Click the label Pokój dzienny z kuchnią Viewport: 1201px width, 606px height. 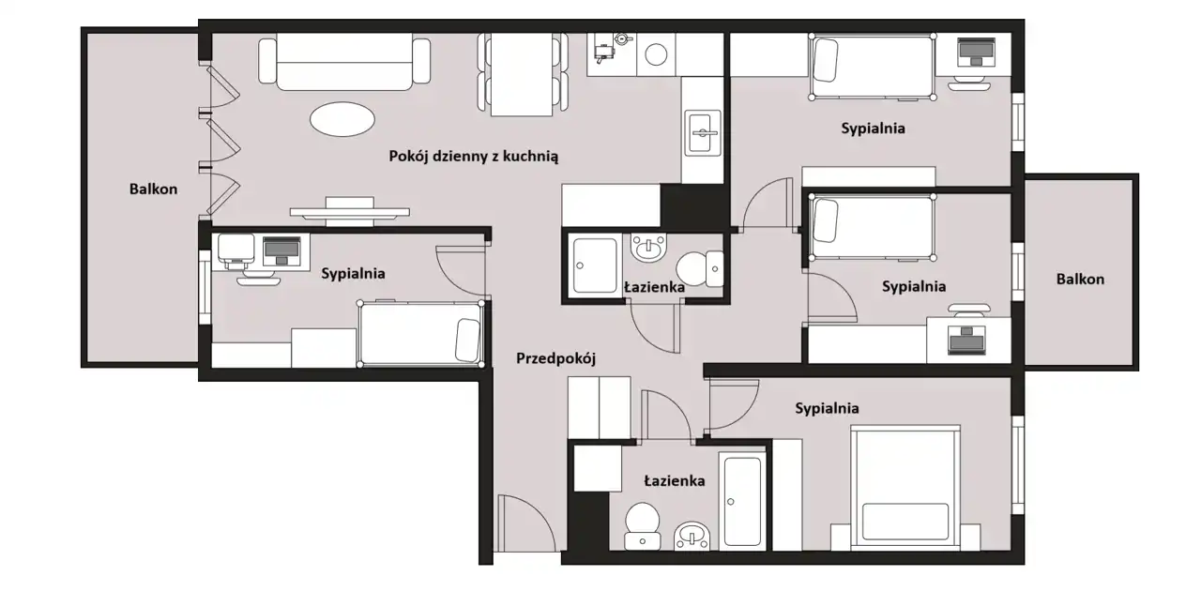tap(474, 157)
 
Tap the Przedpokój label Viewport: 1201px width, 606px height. tap(556, 358)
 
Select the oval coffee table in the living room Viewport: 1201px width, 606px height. tap(342, 119)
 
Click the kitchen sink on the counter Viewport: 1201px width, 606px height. tap(703, 133)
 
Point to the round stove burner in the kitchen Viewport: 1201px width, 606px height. tap(656, 54)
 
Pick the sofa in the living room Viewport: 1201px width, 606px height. tap(344, 61)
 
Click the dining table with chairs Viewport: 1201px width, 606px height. tap(523, 74)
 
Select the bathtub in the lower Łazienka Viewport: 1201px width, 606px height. tap(742, 502)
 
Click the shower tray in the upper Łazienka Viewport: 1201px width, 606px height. tap(595, 265)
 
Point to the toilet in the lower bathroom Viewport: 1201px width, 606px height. tap(642, 525)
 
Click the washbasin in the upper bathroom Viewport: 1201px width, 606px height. tap(648, 248)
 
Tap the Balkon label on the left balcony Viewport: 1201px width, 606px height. tap(153, 189)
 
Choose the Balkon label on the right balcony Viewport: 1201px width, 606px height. tap(1080, 280)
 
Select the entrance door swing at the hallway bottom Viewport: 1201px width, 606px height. tap(525, 523)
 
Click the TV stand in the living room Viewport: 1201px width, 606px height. tap(350, 212)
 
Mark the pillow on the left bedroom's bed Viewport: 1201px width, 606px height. tap(467, 340)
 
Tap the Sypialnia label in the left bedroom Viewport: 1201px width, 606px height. tap(353, 274)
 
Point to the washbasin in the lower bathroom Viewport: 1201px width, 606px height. tap(692, 536)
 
